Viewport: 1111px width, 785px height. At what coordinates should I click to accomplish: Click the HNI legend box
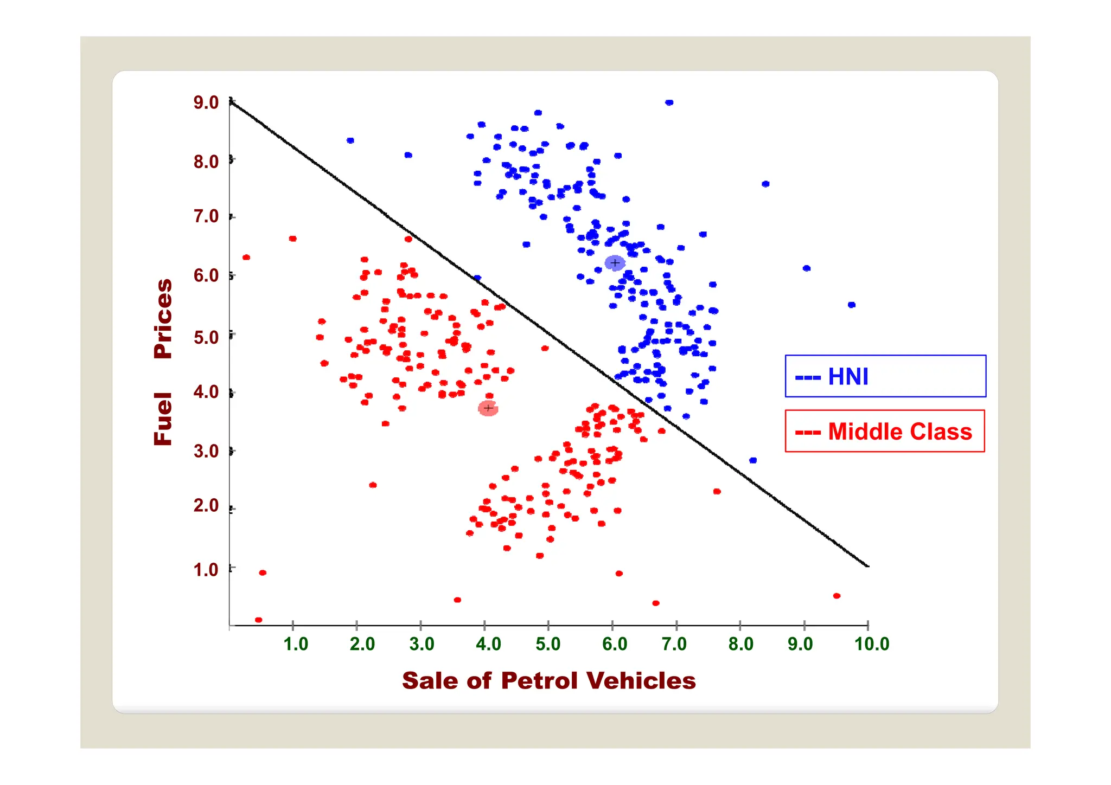885,376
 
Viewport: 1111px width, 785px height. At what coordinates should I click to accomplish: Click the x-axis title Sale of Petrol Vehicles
548,681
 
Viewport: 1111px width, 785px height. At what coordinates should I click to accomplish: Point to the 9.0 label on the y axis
206,102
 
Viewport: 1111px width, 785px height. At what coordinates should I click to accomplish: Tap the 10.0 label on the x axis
872,644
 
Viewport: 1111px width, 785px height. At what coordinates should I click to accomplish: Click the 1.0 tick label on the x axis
296,644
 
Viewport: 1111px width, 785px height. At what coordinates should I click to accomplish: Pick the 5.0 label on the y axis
206,337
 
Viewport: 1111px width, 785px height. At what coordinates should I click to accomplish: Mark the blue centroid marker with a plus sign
615,263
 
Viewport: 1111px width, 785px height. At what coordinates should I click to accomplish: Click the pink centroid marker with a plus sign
488,408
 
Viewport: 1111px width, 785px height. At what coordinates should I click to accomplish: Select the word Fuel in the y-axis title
163,419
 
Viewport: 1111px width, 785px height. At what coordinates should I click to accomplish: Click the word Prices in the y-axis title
163,318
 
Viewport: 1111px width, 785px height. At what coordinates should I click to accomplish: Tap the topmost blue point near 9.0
669,102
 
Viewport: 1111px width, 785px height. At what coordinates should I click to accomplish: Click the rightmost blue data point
851,305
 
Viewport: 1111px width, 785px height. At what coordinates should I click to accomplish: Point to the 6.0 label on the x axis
615,644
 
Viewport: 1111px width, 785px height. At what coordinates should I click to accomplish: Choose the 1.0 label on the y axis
206,570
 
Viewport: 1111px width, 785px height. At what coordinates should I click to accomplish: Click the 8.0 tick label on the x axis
740,644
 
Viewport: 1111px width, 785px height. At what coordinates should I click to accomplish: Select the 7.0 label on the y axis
206,216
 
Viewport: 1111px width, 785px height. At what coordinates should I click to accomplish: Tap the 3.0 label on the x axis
422,644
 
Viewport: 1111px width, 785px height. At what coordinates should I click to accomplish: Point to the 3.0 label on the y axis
206,451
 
